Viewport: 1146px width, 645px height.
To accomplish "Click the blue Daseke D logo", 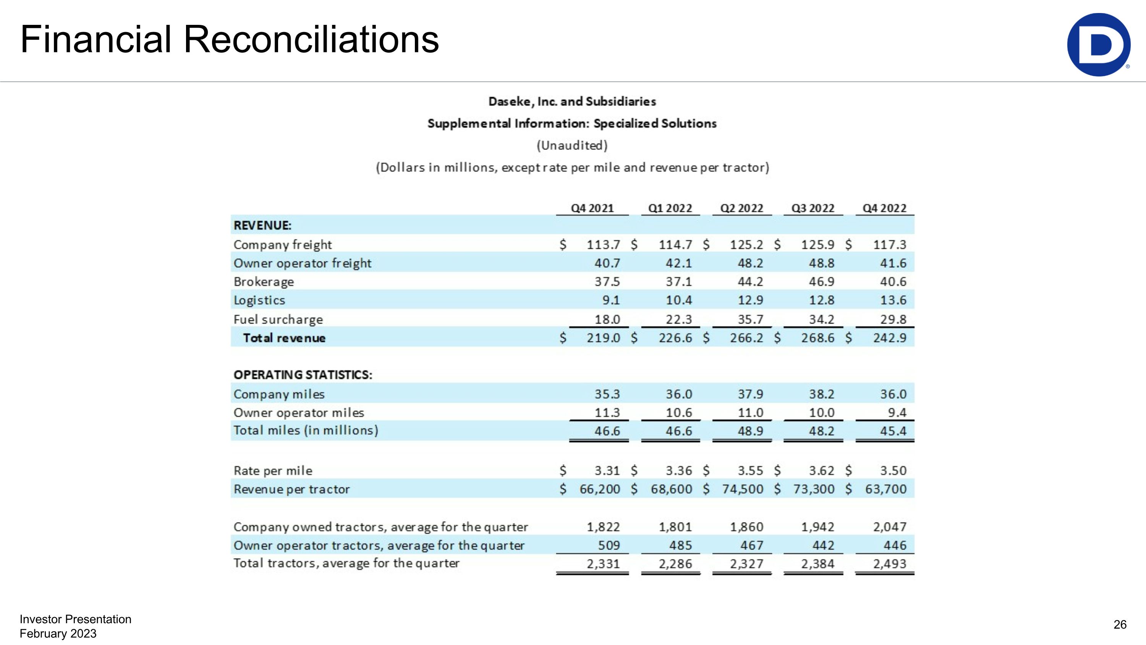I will (1098, 44).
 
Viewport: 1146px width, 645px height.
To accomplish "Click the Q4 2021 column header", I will (592, 208).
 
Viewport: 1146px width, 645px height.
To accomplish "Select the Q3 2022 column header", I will (813, 208).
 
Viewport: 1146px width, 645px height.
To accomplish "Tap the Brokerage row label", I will (264, 282).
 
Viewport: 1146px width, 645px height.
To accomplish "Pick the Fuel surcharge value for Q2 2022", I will (751, 319).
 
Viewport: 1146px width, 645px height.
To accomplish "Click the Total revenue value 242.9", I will (889, 338).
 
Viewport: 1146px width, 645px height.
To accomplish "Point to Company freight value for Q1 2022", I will (675, 244).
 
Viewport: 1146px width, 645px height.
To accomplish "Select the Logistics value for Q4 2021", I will (611, 301).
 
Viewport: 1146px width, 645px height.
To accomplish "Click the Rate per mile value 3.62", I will (821, 471).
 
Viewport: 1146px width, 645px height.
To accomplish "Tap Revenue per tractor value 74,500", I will (743, 489).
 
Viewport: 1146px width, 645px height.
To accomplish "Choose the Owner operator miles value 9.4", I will (897, 413).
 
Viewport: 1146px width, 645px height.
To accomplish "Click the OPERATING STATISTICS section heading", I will (303, 375).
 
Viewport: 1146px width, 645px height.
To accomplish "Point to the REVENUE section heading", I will (262, 226).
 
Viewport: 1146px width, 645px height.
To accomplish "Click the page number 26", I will (1120, 624).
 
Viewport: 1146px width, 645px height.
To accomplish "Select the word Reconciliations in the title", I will (311, 40).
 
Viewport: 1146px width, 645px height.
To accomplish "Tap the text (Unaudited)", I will (572, 146).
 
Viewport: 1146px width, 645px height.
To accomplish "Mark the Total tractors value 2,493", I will (889, 564).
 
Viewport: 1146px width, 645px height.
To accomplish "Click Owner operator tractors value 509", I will (609, 545).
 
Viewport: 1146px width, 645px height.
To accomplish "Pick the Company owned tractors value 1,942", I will (818, 527).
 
